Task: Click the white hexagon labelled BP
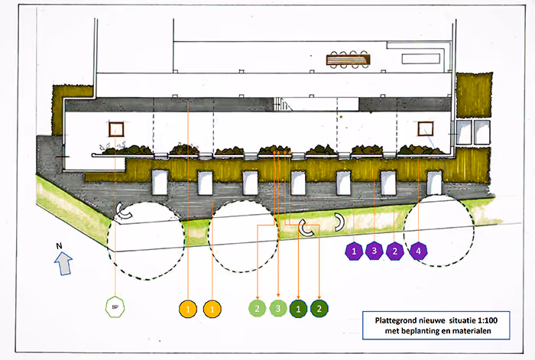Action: click(x=114, y=307)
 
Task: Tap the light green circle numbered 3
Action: click(x=279, y=309)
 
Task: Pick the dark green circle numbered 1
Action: click(x=299, y=309)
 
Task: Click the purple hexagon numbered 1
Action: click(x=354, y=251)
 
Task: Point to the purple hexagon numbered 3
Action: click(x=374, y=251)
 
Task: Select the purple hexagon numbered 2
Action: click(x=395, y=251)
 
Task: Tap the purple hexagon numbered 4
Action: click(x=417, y=251)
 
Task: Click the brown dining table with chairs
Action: click(x=348, y=59)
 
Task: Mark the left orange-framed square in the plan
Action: click(x=117, y=131)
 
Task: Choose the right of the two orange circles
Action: click(x=211, y=309)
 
